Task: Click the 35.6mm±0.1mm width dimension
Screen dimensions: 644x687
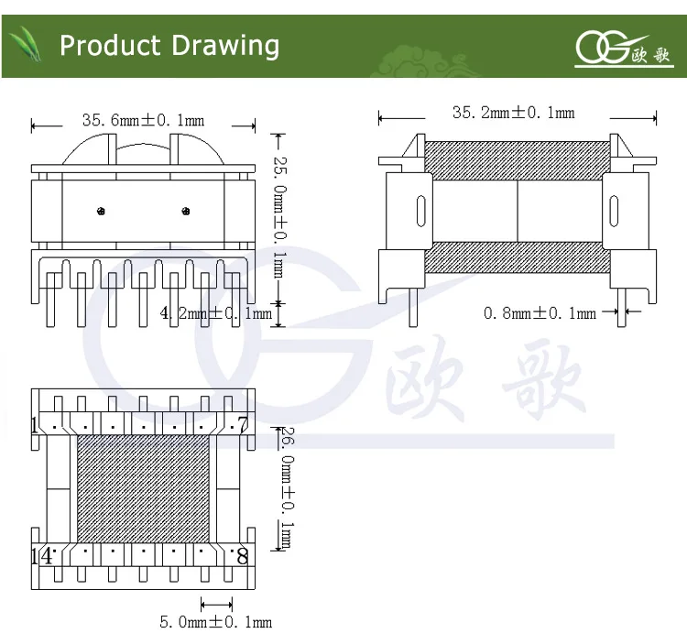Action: tap(143, 120)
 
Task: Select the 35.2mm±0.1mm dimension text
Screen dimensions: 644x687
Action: tap(513, 113)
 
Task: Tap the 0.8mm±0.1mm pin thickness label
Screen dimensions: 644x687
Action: tap(540, 313)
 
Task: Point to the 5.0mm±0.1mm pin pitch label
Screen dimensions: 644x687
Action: tap(216, 623)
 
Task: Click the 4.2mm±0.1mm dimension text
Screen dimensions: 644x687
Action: tap(216, 314)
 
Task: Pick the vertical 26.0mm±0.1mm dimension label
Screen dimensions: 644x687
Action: tap(285, 489)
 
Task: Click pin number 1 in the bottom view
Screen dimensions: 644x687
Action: tap(36, 425)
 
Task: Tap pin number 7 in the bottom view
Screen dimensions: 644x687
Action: tap(242, 424)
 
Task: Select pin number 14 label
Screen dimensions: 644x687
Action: tap(41, 555)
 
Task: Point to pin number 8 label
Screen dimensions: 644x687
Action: tap(242, 555)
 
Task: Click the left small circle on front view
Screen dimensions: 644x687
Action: tap(100, 213)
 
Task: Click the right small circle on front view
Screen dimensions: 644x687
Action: tap(186, 213)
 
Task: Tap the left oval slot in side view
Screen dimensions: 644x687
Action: tap(420, 212)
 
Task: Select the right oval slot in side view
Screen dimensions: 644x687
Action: tap(614, 212)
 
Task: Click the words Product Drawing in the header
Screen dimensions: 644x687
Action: tap(169, 46)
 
